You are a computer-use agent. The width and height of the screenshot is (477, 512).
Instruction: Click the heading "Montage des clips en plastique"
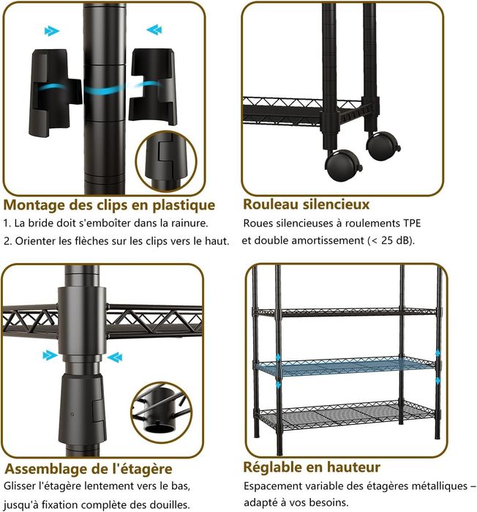pyautogui.click(x=109, y=205)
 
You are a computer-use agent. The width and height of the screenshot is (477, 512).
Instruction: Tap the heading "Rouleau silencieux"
pyautogui.click(x=306, y=204)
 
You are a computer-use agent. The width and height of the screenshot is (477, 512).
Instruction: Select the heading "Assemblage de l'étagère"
pyautogui.click(x=89, y=469)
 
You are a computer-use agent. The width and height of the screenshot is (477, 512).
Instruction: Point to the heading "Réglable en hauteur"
pyautogui.click(x=312, y=467)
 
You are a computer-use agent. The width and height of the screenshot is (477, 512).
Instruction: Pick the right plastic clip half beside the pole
pyautogui.click(x=153, y=86)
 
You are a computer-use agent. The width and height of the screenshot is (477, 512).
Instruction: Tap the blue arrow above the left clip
pyautogui.click(x=52, y=31)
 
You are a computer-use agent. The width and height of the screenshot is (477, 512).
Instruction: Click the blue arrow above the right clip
pyautogui.click(x=154, y=30)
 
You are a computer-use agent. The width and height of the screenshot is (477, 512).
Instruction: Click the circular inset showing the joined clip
pyautogui.click(x=166, y=162)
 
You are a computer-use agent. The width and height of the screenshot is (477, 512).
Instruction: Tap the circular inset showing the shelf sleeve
pyautogui.click(x=162, y=412)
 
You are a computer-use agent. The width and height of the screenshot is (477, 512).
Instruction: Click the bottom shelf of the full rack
pyautogui.click(x=348, y=415)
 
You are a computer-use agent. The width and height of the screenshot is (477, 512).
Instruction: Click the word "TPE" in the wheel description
pyautogui.click(x=412, y=223)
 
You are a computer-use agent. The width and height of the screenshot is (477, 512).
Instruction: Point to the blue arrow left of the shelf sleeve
pyautogui.click(x=50, y=355)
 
